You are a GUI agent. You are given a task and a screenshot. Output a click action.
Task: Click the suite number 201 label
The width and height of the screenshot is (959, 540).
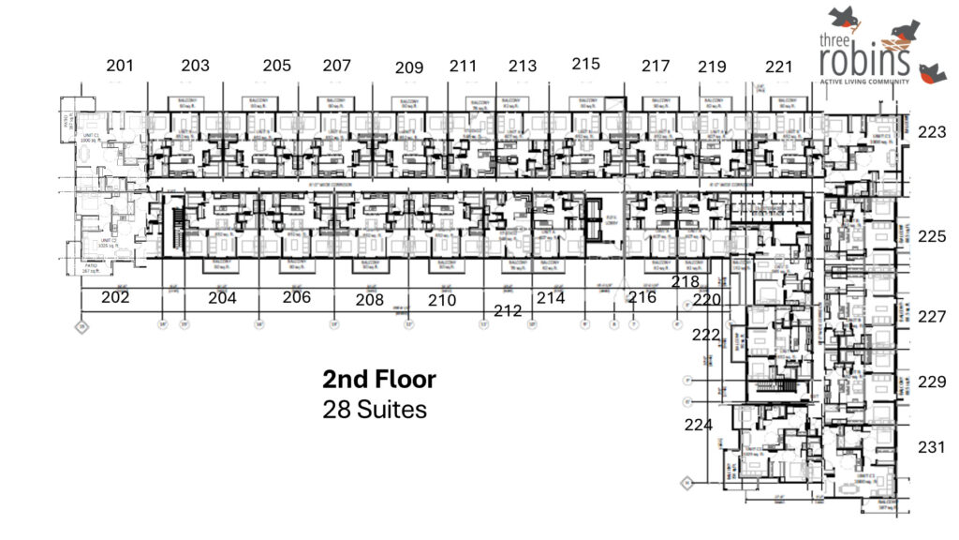pos(120,66)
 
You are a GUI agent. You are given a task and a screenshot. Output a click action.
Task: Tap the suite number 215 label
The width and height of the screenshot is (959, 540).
pos(585,64)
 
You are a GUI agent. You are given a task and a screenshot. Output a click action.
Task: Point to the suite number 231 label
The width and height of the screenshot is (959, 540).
pos(932,448)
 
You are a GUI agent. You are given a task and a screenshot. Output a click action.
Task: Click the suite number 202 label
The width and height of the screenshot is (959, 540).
pos(115,297)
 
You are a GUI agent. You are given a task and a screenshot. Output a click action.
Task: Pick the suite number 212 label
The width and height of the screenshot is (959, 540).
pos(508,310)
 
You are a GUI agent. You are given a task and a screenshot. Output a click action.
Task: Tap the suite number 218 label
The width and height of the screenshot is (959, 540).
pos(686,281)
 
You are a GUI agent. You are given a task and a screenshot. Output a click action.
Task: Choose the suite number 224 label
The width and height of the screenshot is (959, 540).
pos(699,425)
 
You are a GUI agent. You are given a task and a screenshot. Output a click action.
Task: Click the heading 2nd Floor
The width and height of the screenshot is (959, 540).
pos(379,380)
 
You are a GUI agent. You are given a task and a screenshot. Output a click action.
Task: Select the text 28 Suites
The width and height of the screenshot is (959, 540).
pos(375,410)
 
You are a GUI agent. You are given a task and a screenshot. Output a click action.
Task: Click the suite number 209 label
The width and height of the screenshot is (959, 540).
pos(409,67)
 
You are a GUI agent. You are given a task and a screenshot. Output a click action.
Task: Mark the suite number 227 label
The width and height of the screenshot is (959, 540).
pos(932,317)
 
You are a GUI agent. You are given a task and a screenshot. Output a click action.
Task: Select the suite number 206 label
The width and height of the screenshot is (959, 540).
pos(297,297)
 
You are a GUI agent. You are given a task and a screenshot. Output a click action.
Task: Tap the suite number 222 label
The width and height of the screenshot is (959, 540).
pos(706,335)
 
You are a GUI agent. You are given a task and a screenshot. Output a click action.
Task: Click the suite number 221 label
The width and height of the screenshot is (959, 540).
pos(779,67)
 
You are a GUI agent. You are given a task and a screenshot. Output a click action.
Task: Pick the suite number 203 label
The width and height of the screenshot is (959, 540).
pos(195,66)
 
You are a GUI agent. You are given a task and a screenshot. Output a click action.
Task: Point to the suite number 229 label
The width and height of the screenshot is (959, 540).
pos(932,382)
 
